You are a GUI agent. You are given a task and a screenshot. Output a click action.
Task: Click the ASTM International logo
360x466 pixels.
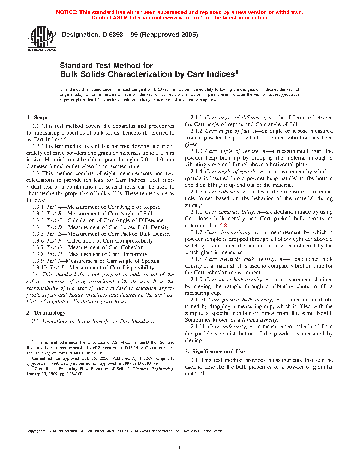[x=42, y=38]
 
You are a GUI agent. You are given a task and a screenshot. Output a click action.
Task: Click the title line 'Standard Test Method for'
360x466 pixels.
[x=106, y=66]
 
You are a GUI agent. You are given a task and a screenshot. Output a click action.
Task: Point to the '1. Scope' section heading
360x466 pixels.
[x=37, y=118]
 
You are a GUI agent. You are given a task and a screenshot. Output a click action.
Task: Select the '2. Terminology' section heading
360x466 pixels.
[x=46, y=313]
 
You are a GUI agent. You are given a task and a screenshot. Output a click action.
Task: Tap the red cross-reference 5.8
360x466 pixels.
[x=223, y=226]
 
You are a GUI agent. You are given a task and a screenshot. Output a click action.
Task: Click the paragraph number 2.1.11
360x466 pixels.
[x=198, y=327]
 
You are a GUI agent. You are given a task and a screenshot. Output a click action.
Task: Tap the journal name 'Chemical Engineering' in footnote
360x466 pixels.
[x=153, y=369]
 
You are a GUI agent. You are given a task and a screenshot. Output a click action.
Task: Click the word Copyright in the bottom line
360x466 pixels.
[x=34, y=431]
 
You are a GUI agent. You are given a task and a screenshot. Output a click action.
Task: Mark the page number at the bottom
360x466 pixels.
[x=180, y=448]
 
